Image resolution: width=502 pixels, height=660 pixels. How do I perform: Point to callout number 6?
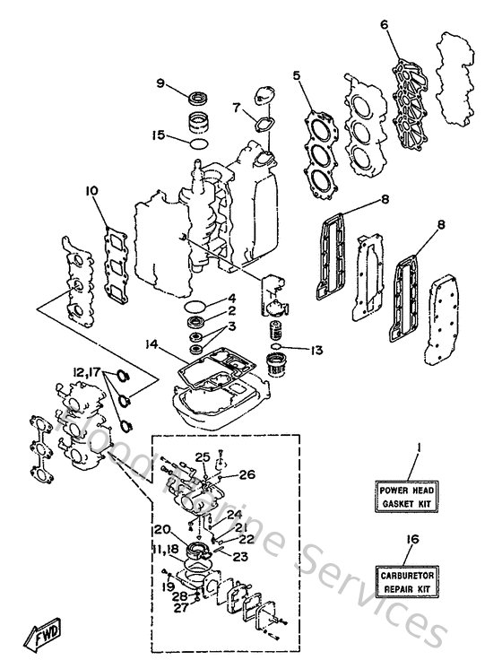click(x=385, y=26)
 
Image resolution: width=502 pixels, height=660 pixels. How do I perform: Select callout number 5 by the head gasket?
click(x=295, y=76)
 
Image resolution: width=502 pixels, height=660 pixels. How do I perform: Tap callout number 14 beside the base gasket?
click(x=152, y=343)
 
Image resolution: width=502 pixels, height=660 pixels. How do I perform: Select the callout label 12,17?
click(x=86, y=369)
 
